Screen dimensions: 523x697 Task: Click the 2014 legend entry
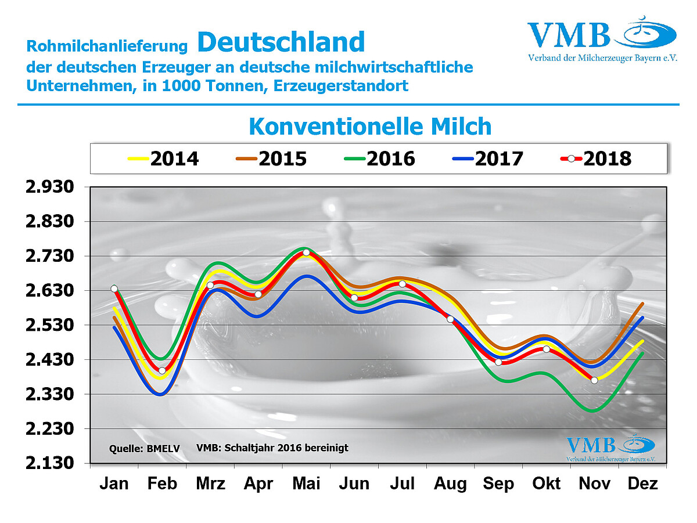[x=163, y=158]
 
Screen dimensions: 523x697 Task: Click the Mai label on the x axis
[x=306, y=484]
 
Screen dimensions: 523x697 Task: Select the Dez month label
[x=642, y=484]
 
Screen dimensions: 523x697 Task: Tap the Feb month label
[x=162, y=484]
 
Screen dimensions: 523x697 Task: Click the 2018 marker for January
[x=114, y=288]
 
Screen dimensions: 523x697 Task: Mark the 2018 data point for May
[x=306, y=253]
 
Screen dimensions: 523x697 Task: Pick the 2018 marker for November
[x=594, y=380]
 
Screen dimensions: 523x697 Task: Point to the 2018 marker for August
[x=450, y=319]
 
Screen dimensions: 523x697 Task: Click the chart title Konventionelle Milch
[x=370, y=126]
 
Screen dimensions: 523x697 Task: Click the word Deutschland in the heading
[x=281, y=42]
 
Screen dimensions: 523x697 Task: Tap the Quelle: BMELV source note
[x=145, y=449]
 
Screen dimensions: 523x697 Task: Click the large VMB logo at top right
[x=602, y=41]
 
